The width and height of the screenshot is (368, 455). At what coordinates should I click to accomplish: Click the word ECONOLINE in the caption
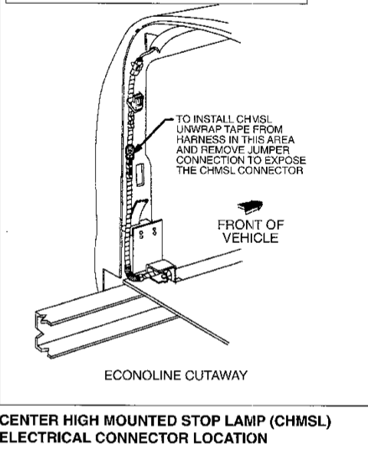coord(143,375)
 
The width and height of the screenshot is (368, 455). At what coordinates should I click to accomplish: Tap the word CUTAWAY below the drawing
coord(216,375)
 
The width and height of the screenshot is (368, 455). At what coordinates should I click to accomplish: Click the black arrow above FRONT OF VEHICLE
coord(250,206)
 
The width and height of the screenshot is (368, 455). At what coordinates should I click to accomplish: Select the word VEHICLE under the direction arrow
coord(251,238)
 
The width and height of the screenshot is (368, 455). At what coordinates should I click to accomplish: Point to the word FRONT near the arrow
coord(238,225)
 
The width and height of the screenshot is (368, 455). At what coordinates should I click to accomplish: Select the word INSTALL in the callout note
coord(213,119)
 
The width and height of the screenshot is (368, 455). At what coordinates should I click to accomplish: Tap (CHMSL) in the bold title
coord(301,421)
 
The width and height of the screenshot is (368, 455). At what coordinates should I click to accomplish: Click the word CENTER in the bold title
coord(29,421)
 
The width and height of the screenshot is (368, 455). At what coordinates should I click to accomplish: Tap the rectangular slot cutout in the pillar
coord(140,174)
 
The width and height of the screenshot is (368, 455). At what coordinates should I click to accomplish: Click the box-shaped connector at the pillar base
coord(161,272)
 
